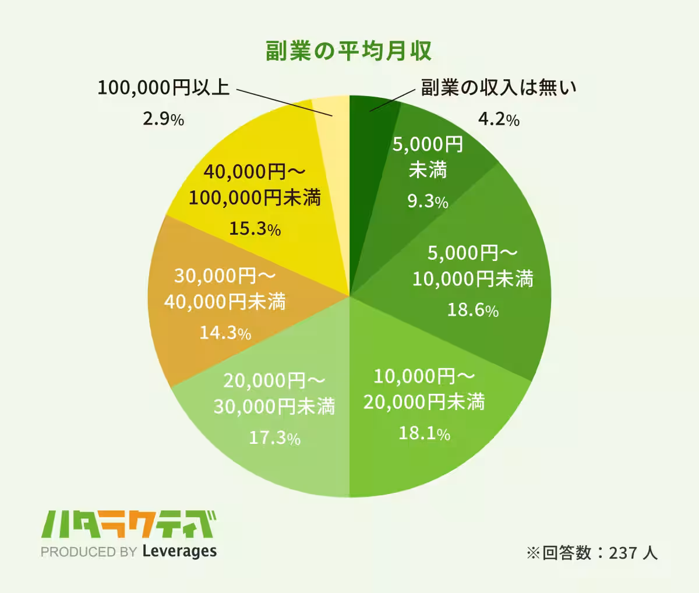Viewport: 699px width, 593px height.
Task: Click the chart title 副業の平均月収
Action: tap(348, 51)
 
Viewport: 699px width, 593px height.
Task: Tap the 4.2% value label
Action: tap(499, 119)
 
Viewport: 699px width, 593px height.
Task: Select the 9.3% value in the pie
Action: tap(428, 202)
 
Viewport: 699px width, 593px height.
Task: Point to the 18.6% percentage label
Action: tap(472, 310)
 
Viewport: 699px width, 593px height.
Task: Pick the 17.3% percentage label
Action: tap(274, 437)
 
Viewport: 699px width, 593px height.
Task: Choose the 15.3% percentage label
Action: tap(255, 229)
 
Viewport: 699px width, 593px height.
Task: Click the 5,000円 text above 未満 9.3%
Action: tap(428, 143)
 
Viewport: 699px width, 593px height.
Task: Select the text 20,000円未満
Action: tap(424, 401)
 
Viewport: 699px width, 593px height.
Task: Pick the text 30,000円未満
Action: tap(274, 406)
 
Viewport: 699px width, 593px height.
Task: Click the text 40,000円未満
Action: tap(225, 301)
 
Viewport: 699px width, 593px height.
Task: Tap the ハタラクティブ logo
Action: tap(129, 525)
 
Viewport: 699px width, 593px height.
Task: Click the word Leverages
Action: tap(179, 551)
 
